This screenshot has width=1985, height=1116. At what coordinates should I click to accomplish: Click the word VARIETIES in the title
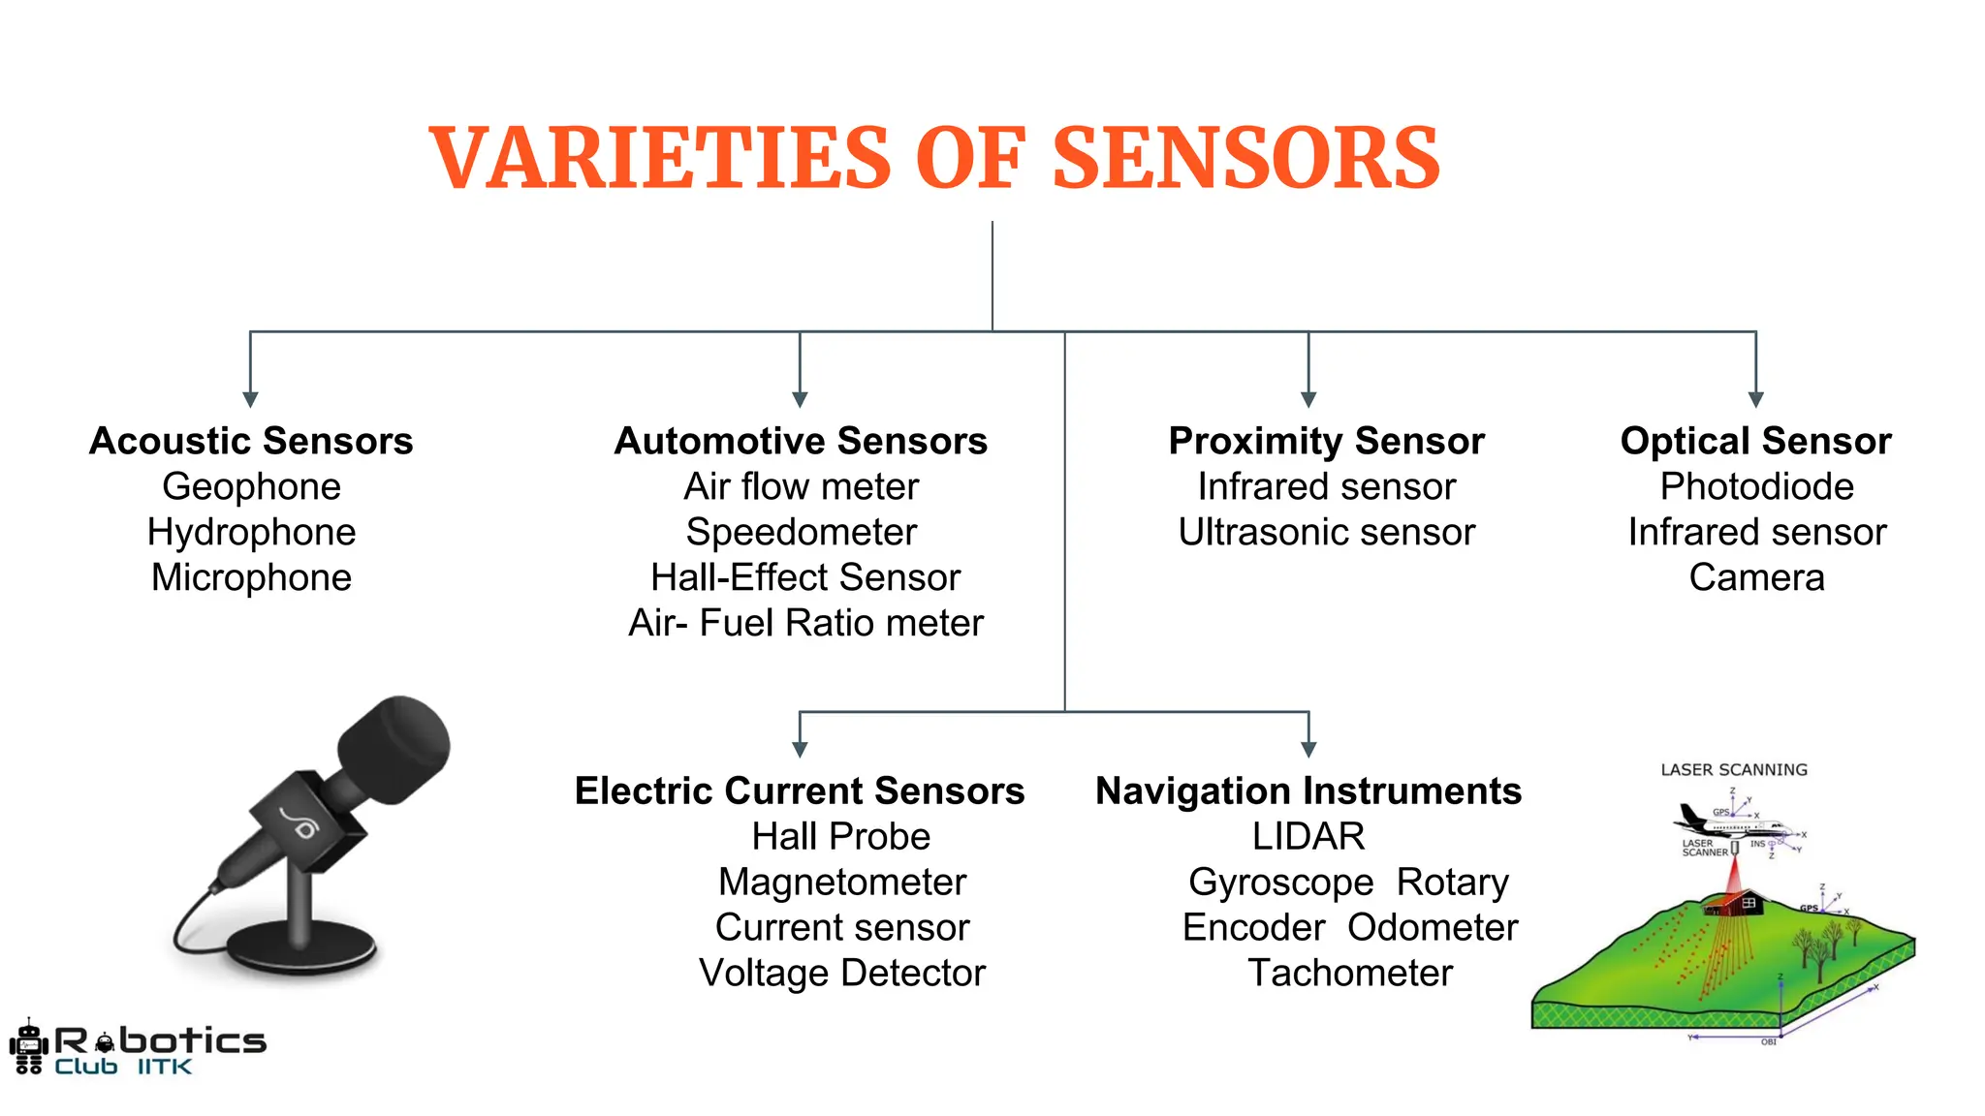click(x=659, y=159)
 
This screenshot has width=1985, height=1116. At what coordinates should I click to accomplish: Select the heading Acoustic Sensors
click(x=251, y=441)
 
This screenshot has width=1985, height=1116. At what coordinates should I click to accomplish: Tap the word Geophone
click(x=251, y=486)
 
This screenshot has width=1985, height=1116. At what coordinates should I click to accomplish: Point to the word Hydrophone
click(x=251, y=532)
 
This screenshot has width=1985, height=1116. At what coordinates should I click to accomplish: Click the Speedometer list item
click(x=801, y=532)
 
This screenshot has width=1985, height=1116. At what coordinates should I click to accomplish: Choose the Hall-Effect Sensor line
click(x=804, y=577)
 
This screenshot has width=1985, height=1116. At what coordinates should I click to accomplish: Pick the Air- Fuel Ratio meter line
click(x=805, y=623)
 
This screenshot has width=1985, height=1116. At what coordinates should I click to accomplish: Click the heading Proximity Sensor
click(x=1326, y=441)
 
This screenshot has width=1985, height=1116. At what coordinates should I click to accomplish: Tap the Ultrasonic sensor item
click(x=1326, y=532)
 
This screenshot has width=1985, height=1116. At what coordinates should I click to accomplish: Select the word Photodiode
click(x=1756, y=486)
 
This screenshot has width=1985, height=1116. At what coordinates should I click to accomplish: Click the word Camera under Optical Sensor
click(x=1756, y=577)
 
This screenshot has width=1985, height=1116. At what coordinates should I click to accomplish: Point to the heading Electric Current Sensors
click(x=799, y=790)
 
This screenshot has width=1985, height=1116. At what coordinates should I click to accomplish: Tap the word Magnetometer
click(x=841, y=882)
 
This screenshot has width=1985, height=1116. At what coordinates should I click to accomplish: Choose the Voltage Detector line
click(x=841, y=973)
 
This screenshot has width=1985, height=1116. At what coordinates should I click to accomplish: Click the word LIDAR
click(x=1308, y=836)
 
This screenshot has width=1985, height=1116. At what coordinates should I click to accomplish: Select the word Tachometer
click(x=1349, y=973)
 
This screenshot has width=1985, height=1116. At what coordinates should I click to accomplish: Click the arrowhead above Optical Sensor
click(x=1755, y=399)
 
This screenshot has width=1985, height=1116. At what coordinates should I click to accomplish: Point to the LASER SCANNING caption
click(x=1734, y=770)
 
